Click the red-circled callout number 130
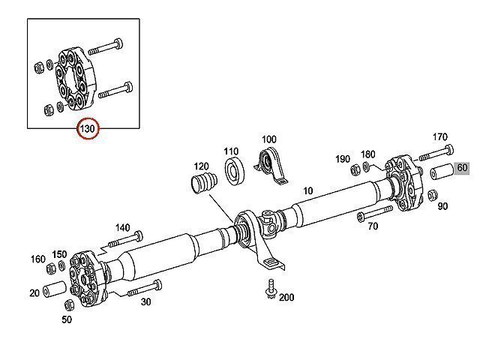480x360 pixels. (x=88, y=130)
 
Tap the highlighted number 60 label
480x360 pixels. (x=462, y=168)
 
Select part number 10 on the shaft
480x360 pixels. (x=307, y=190)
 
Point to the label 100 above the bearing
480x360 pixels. (x=268, y=139)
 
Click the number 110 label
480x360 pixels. (x=232, y=151)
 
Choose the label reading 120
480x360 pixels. (x=201, y=166)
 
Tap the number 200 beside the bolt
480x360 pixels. (x=286, y=298)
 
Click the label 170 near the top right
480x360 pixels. (x=439, y=136)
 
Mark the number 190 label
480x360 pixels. (x=343, y=159)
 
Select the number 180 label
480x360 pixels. (x=367, y=154)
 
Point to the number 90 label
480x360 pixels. (x=442, y=206)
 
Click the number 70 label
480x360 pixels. (x=373, y=226)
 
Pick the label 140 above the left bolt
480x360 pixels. (x=122, y=227)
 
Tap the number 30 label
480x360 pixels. (x=145, y=301)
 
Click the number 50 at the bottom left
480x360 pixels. (x=67, y=320)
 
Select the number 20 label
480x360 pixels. (x=34, y=292)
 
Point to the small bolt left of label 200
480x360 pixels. (x=268, y=289)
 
